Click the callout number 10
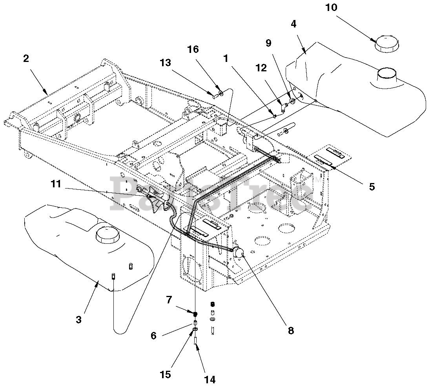point(331,7)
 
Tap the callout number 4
point(293,24)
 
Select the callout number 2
point(26,59)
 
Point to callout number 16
point(193,49)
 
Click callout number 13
point(166,63)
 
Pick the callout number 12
point(261,68)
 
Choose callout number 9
point(268,43)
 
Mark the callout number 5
point(372,187)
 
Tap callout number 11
point(56,184)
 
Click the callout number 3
point(79,320)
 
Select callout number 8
point(291,330)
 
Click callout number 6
point(153,336)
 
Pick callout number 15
point(165,375)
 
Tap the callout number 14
point(210,380)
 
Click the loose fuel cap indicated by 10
point(387,44)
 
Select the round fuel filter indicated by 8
point(238,252)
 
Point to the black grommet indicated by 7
point(195,314)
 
